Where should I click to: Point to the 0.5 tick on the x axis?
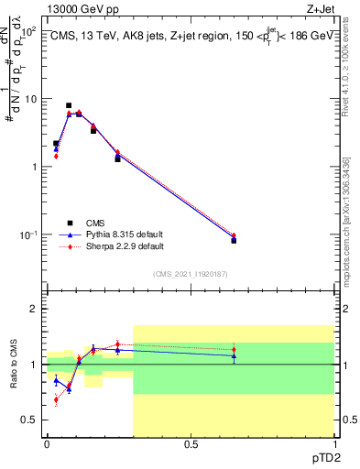(x=191, y=445)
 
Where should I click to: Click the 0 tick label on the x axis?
(x=47, y=445)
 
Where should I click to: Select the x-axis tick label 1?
(x=333, y=445)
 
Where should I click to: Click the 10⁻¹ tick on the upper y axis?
(x=30, y=235)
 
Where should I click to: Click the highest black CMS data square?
(x=69, y=105)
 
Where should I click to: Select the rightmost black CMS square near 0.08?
(x=234, y=240)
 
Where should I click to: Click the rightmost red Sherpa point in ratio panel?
(x=234, y=350)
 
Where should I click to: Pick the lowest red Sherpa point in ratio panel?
(x=56, y=399)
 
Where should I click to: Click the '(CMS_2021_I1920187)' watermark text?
(x=190, y=273)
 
